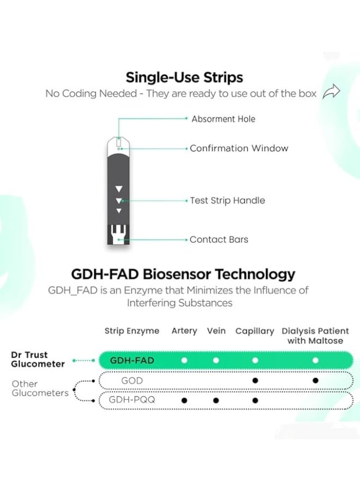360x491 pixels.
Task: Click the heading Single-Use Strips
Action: click(x=184, y=77)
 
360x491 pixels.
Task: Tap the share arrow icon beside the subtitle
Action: click(x=331, y=92)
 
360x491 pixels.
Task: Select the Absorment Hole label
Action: click(x=223, y=119)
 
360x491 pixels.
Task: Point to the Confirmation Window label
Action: click(x=239, y=148)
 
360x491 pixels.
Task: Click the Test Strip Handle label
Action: click(x=227, y=200)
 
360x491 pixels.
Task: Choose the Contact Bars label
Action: click(x=219, y=239)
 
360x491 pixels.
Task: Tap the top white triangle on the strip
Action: click(x=119, y=189)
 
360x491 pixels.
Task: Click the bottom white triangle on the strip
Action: click(x=119, y=211)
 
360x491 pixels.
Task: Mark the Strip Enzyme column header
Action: click(x=132, y=331)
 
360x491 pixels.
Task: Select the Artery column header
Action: click(x=184, y=331)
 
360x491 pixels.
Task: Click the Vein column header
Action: click(x=217, y=331)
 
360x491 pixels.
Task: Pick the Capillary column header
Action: click(x=255, y=331)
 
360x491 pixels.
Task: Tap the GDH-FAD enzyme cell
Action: click(x=132, y=361)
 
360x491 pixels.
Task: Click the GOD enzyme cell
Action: click(x=132, y=381)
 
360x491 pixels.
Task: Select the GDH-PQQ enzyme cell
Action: click(x=132, y=400)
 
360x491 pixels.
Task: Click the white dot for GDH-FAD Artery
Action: click(x=184, y=361)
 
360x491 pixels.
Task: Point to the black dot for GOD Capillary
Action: click(x=255, y=380)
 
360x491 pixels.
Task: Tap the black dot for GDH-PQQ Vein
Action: click(x=216, y=400)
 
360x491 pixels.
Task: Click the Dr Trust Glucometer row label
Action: click(x=38, y=359)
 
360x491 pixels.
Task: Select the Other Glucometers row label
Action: click(x=40, y=388)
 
